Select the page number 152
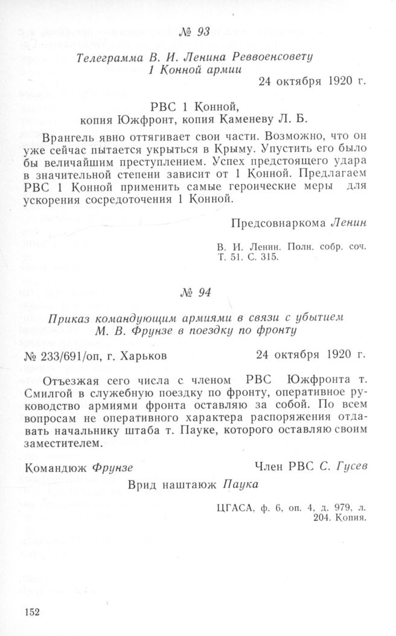(32, 612)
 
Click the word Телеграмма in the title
(107, 58)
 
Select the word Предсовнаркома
(278, 222)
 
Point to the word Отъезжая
(74, 379)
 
